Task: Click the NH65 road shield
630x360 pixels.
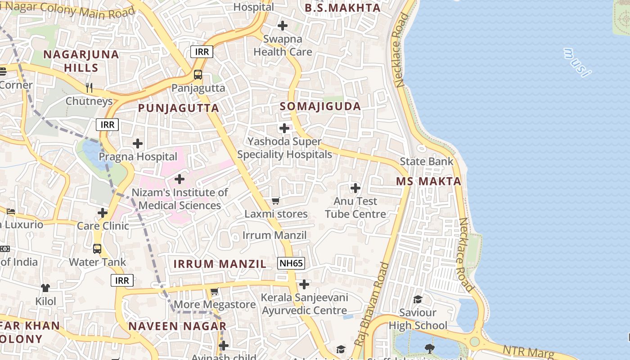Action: pyautogui.click(x=291, y=263)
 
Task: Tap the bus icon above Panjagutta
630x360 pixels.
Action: pyautogui.click(x=198, y=75)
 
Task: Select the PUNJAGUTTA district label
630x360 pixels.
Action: pyautogui.click(x=178, y=108)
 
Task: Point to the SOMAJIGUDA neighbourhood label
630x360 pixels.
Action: pyautogui.click(x=320, y=106)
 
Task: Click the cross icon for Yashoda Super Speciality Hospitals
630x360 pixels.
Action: pyautogui.click(x=284, y=128)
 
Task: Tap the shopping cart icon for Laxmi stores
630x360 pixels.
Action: pyautogui.click(x=276, y=201)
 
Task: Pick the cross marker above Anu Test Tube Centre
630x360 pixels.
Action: pyautogui.click(x=355, y=188)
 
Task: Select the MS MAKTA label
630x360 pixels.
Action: pyautogui.click(x=428, y=181)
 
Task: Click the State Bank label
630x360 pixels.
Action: pyautogui.click(x=427, y=161)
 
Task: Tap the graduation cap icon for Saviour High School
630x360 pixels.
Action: pyautogui.click(x=418, y=299)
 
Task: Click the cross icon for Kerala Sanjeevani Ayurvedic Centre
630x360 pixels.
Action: pyautogui.click(x=304, y=284)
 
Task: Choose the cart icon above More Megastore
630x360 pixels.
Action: pyautogui.click(x=215, y=292)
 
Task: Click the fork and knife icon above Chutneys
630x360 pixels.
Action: pyautogui.click(x=89, y=87)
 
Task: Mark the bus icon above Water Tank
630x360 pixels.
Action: pyautogui.click(x=97, y=248)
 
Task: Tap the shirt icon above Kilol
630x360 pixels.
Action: pyautogui.click(x=45, y=288)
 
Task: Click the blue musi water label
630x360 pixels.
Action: pyautogui.click(x=576, y=62)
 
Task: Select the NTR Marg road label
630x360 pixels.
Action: pyautogui.click(x=528, y=352)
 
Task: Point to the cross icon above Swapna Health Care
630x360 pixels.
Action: pyautogui.click(x=283, y=26)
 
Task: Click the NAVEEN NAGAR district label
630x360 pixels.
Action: pyautogui.click(x=177, y=326)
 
